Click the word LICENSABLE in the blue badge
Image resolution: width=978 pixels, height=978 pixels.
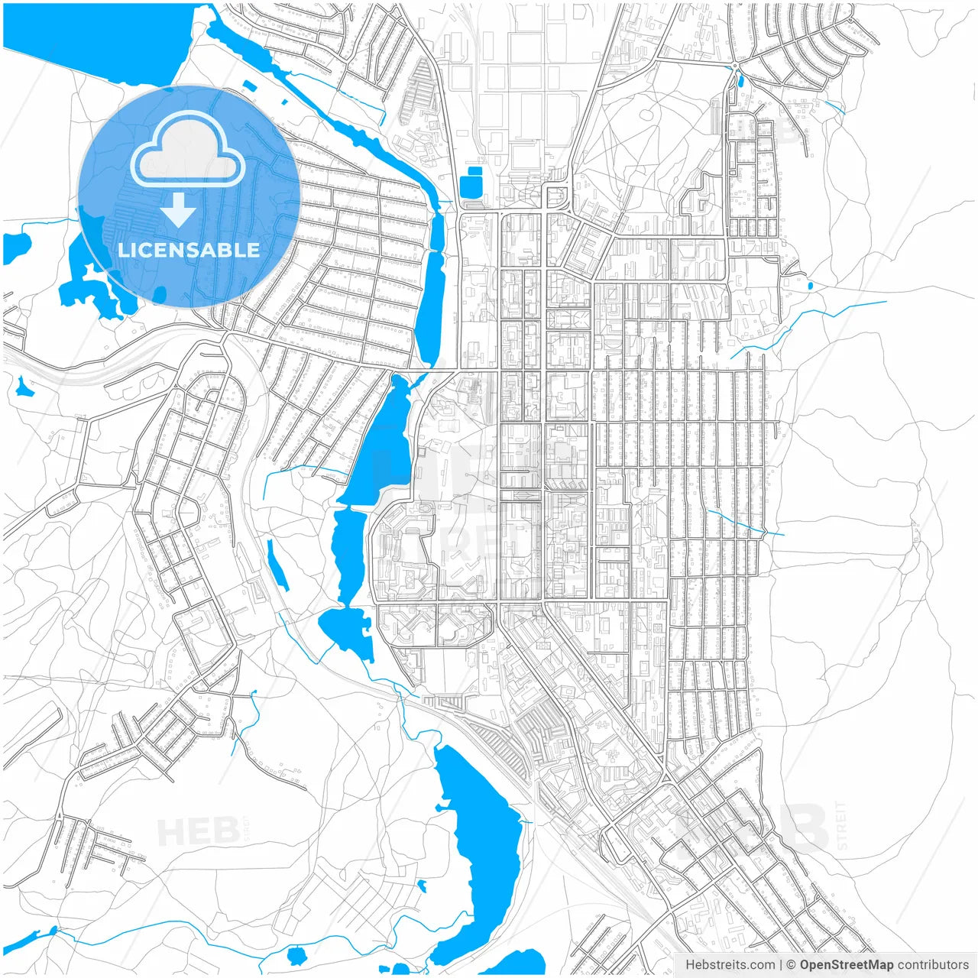[x=189, y=250]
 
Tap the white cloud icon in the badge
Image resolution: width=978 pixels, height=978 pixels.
[x=187, y=149]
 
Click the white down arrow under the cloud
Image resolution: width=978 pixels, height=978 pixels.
[x=179, y=209]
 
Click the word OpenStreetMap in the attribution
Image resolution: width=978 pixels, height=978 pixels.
[x=847, y=965]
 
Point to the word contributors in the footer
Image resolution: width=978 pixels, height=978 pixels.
[x=932, y=965]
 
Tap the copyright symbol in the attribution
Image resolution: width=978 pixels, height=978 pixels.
[x=792, y=965]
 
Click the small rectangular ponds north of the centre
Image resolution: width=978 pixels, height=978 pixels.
[x=471, y=183]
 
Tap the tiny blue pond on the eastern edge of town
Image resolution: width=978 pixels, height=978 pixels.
[x=810, y=287]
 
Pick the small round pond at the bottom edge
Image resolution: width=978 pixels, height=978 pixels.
[x=296, y=954]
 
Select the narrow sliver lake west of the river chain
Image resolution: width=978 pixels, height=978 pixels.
[x=277, y=565]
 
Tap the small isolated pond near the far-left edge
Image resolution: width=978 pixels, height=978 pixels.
[x=24, y=388]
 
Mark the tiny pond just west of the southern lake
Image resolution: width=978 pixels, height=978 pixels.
[x=421, y=886]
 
